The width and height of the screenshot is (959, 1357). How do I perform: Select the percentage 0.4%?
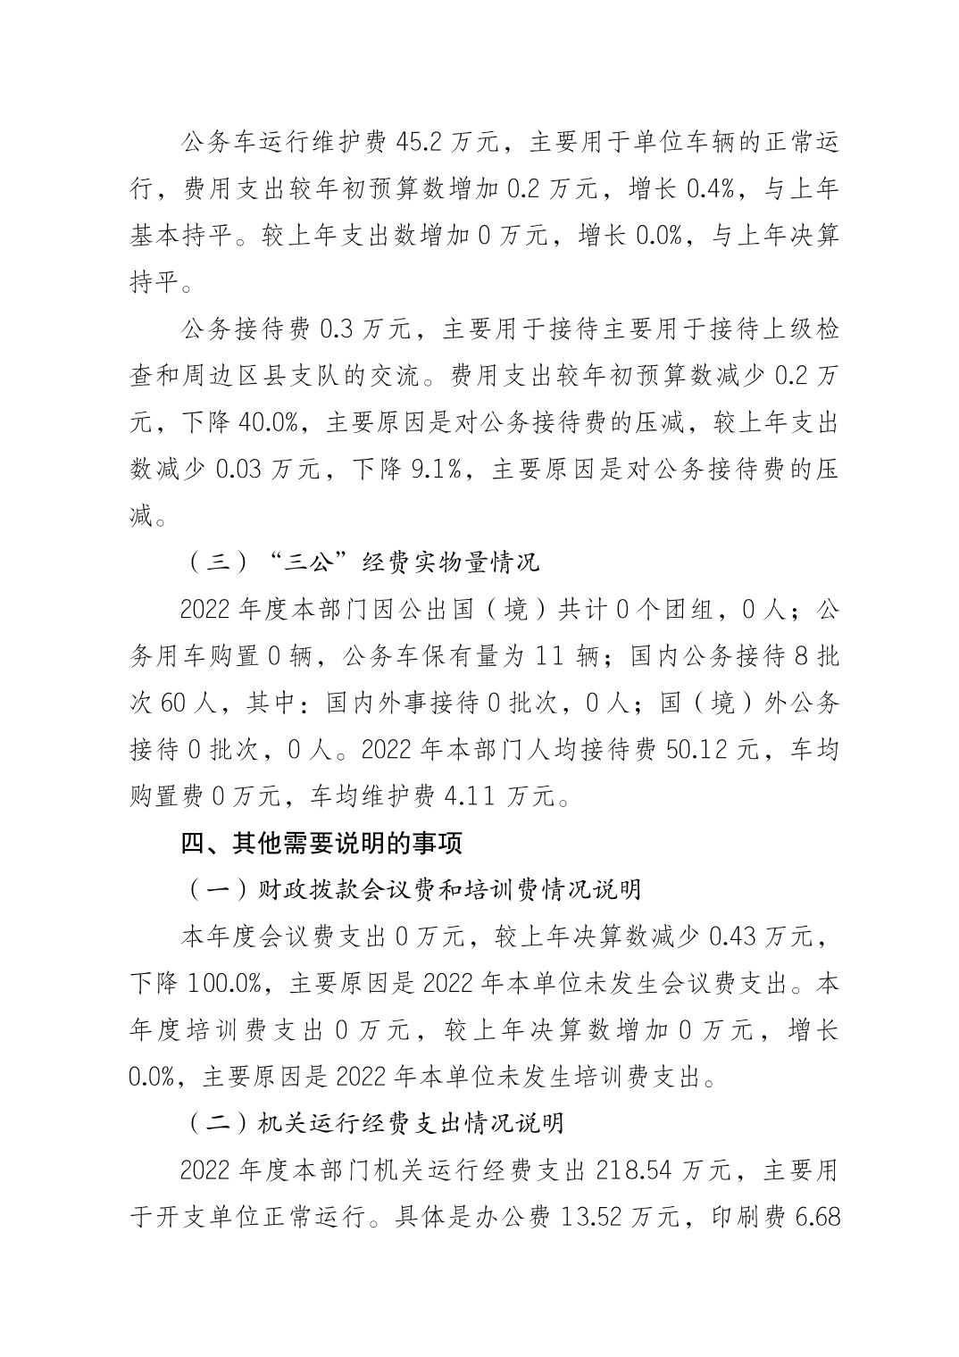click(x=712, y=188)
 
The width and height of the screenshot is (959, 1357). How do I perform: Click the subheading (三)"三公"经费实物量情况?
click(x=363, y=563)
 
